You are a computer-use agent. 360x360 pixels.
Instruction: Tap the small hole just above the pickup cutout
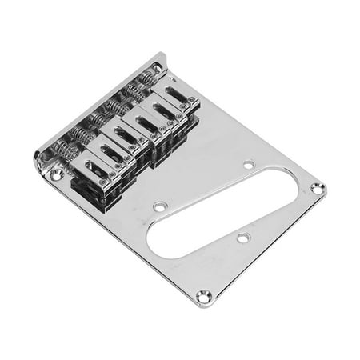pos(249,164)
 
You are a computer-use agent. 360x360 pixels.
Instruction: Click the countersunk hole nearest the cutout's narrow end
pos(317,189)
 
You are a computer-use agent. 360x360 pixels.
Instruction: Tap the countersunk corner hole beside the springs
pos(55,172)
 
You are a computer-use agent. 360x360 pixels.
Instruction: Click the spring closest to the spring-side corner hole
pos(65,151)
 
